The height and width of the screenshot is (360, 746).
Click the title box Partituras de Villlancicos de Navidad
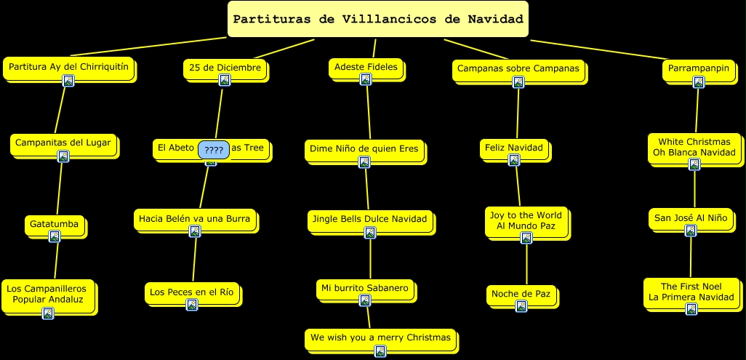click(377, 19)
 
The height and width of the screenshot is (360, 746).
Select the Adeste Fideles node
click(366, 67)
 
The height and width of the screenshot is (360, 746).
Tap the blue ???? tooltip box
click(214, 150)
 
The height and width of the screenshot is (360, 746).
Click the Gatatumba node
click(55, 224)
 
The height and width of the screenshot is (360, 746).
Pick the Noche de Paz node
click(521, 294)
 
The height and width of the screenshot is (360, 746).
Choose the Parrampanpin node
click(697, 68)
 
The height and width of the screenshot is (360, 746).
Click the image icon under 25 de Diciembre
click(225, 80)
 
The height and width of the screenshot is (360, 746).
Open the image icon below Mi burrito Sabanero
click(365, 300)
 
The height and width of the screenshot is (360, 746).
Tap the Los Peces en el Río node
click(192, 292)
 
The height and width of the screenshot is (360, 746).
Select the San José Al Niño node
click(690, 217)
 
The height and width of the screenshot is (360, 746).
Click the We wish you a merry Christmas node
click(380, 337)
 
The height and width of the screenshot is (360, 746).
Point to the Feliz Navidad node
click(514, 148)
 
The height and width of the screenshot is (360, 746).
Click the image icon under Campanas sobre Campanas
click(518, 82)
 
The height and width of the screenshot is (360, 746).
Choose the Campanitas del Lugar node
click(63, 143)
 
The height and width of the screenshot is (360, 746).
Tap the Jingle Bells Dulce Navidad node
click(369, 218)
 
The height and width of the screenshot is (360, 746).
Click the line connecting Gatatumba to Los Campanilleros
click(55, 260)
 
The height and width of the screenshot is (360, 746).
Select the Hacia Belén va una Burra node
click(195, 218)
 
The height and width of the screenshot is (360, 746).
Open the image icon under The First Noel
click(691, 309)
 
